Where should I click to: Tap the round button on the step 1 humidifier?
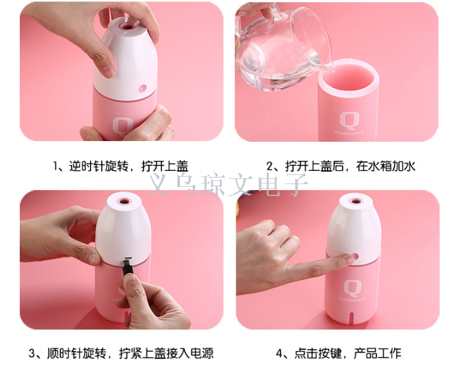click(143, 88)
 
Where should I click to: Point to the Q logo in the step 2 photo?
click(349, 121)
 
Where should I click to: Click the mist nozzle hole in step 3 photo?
click(124, 201)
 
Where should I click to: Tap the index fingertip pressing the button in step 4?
click(351, 258)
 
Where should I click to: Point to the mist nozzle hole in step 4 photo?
click(356, 201)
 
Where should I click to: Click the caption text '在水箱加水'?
click(386, 167)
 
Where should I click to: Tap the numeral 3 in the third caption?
click(32, 353)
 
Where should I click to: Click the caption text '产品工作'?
click(377, 353)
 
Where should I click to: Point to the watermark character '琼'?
click(213, 185)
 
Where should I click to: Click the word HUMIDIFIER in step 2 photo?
click(349, 132)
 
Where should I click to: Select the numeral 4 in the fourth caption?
click(279, 353)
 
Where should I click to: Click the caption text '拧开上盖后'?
click(314, 167)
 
